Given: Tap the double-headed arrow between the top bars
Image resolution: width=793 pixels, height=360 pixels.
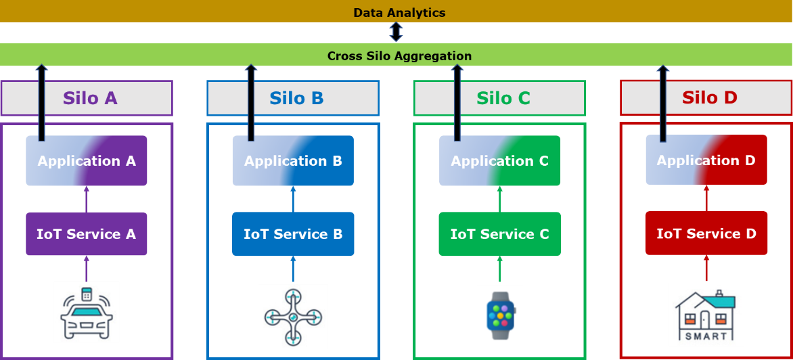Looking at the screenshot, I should (396, 32).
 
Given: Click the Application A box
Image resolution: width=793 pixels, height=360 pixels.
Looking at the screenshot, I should (87, 160).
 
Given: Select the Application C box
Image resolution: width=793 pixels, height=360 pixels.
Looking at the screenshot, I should (499, 160).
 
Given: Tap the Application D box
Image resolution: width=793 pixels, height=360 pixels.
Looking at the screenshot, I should (706, 160).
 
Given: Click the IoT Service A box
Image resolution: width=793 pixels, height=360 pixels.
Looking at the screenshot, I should (87, 233).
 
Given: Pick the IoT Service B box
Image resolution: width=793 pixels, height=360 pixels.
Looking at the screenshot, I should (293, 233).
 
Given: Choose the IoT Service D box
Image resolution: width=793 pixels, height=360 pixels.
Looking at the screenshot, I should (706, 233).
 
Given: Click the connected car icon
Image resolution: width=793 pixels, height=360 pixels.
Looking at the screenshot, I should (87, 312).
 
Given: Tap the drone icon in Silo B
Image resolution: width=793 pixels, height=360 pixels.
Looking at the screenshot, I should (293, 316).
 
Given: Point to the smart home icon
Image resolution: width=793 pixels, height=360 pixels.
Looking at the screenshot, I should (706, 315).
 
